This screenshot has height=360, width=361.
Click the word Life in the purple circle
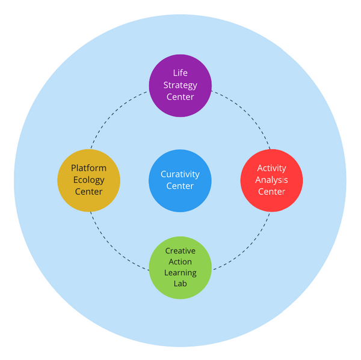[x=180, y=73]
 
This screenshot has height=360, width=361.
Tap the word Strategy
[x=180, y=85]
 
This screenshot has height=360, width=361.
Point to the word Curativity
[x=180, y=174]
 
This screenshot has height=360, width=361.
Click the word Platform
[x=89, y=168]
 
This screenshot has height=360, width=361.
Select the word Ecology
[x=89, y=180]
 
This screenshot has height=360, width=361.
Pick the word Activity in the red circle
[x=271, y=168]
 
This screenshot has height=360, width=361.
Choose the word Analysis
[x=271, y=180]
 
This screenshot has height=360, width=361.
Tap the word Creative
[x=180, y=250]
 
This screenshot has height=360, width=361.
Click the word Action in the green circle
[x=180, y=261]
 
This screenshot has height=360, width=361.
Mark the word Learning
[x=180, y=273]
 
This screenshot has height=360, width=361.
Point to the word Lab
[x=180, y=284]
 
